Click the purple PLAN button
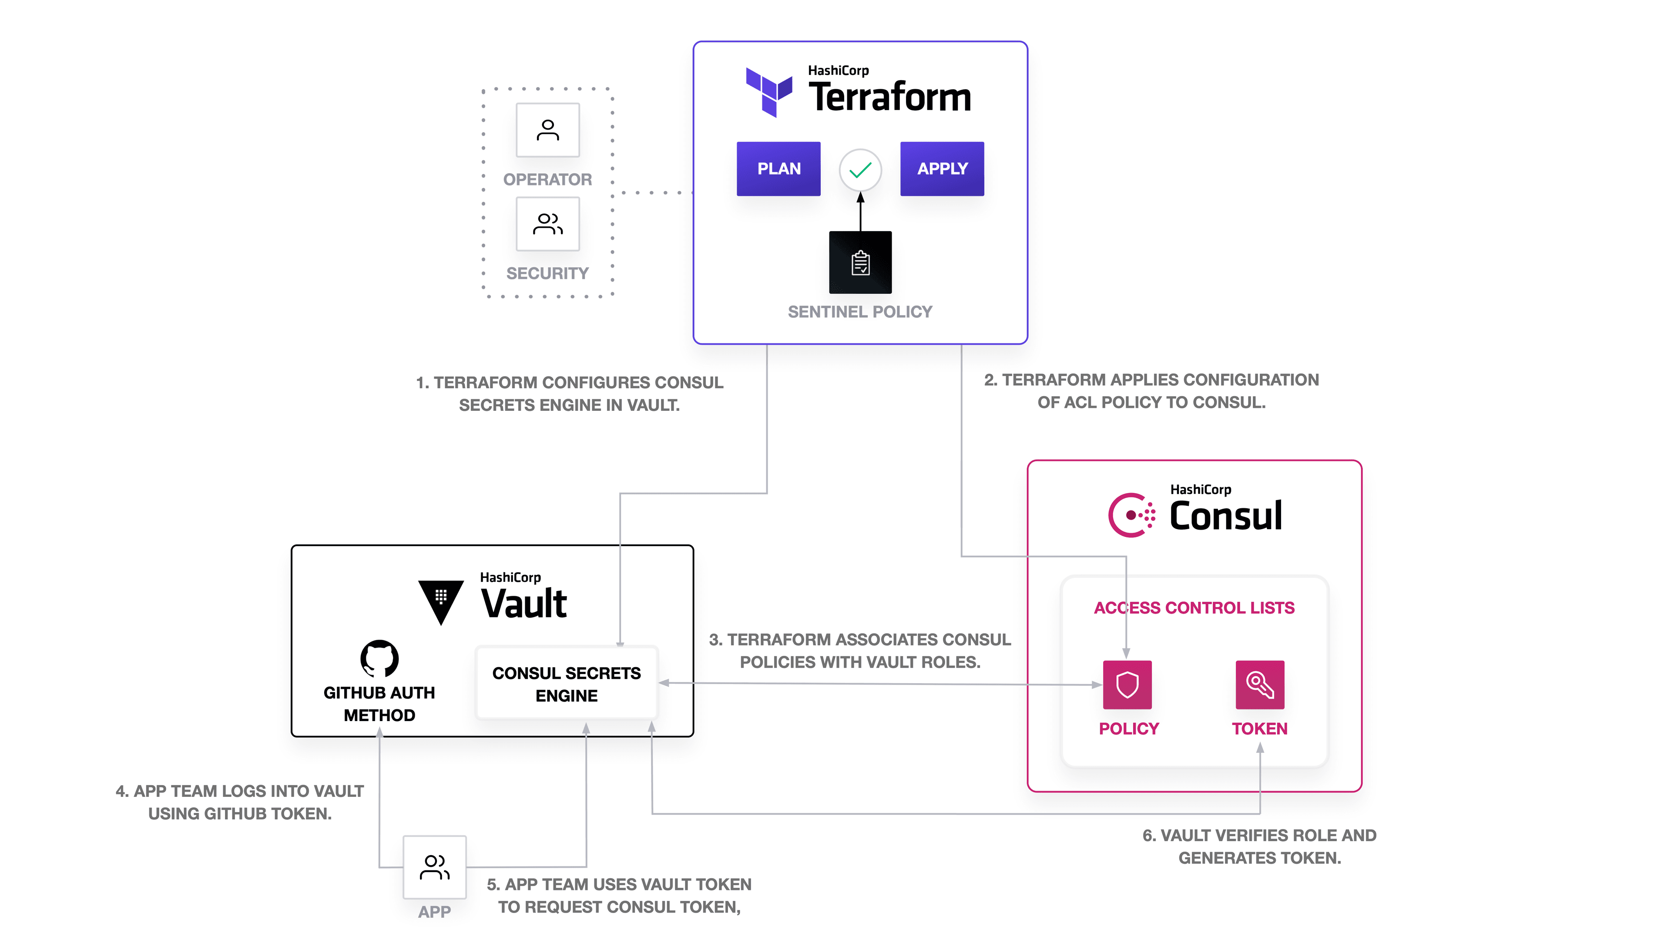[x=778, y=169]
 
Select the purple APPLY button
[x=942, y=169]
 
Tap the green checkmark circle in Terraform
[x=860, y=171]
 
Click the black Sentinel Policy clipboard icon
[x=860, y=263]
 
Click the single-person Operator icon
[x=547, y=130]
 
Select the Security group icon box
[x=547, y=224]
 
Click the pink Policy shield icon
[x=1127, y=685]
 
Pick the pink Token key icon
[x=1260, y=685]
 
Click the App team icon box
[x=435, y=867]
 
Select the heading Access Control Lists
[x=1194, y=608]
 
